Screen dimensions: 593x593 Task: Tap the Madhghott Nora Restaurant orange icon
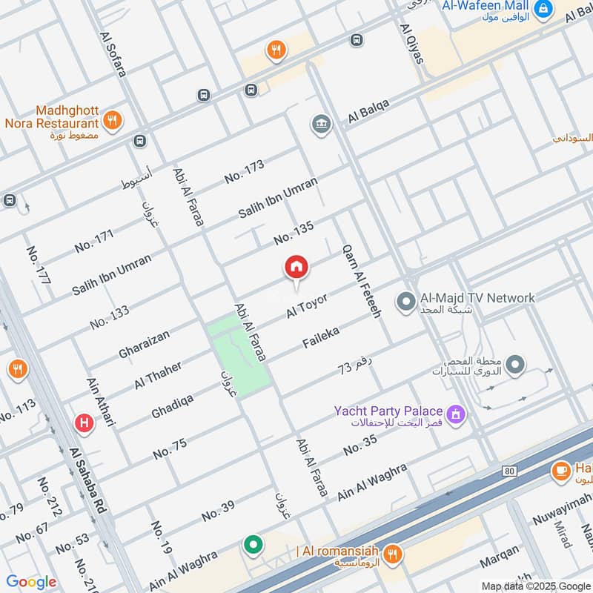113,120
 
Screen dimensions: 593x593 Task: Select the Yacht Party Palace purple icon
457,413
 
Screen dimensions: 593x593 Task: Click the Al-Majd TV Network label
477,298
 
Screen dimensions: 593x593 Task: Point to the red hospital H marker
85,423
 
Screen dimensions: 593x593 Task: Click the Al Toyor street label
307,306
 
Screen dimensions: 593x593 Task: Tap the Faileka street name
321,337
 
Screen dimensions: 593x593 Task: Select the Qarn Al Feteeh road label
361,282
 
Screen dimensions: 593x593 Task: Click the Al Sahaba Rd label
88,489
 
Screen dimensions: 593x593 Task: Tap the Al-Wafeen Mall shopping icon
543,9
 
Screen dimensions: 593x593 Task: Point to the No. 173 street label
245,171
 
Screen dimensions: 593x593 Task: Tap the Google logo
31,582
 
